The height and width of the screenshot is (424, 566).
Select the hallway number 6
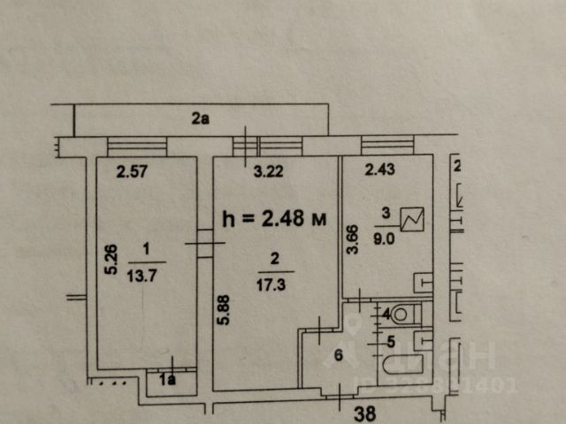336,356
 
